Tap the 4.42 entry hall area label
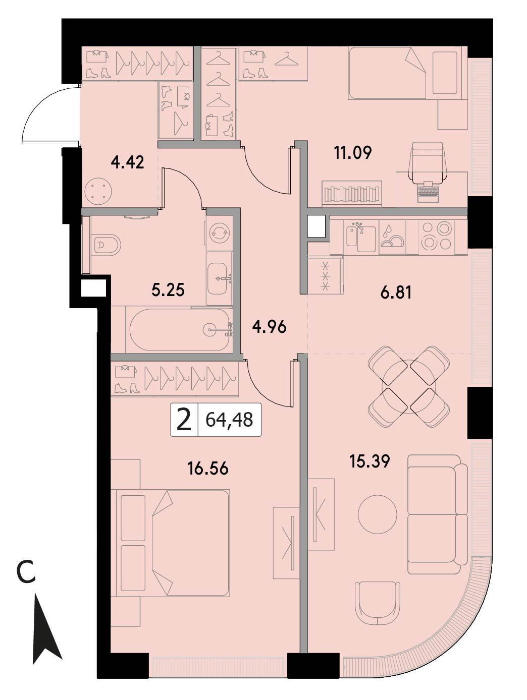127,162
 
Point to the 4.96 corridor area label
269,327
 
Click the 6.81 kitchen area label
396,292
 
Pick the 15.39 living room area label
370,461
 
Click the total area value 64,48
229,420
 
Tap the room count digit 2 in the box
184,420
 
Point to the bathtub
179,330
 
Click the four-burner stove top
437,236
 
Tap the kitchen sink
361,237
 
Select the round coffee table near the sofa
378,514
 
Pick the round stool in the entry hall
98,192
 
